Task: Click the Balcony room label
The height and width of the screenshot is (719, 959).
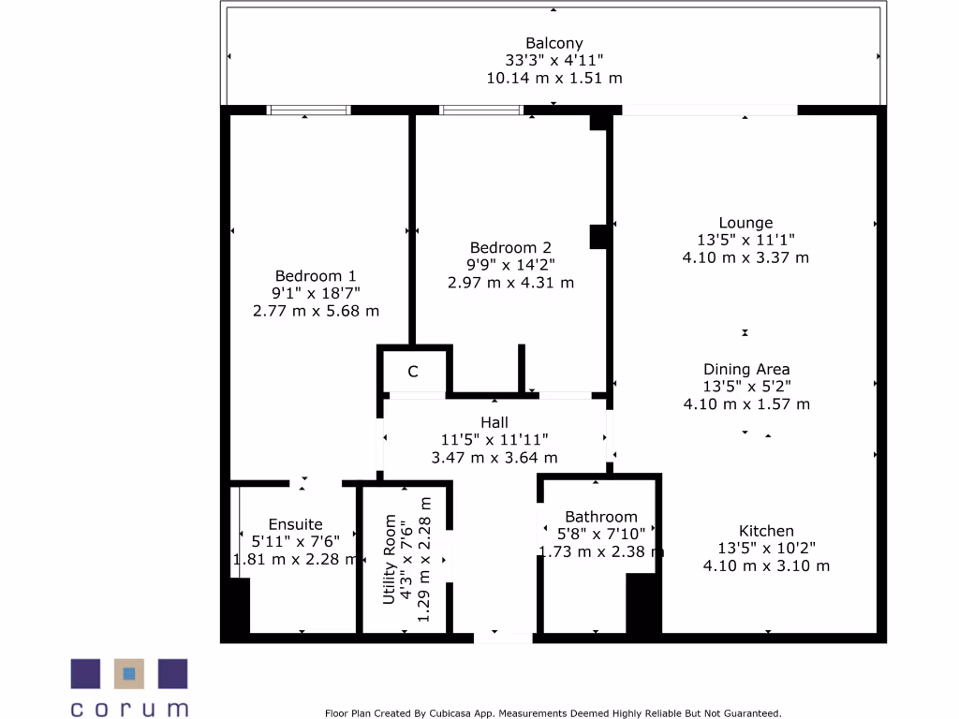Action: (554, 43)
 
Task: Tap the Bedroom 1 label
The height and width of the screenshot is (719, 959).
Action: (316, 276)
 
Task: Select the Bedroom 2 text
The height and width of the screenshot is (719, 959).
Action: (510, 248)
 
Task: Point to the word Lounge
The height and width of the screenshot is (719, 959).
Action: (745, 223)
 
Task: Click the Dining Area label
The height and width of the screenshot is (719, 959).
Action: (746, 370)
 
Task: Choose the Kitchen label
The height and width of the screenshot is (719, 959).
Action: (766, 531)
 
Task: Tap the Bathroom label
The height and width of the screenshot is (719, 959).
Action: (600, 517)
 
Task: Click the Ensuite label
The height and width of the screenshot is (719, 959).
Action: (295, 524)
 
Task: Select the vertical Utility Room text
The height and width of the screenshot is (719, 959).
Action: (390, 560)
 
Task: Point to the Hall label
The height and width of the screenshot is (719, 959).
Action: (494, 423)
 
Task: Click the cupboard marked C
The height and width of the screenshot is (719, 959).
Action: (412, 373)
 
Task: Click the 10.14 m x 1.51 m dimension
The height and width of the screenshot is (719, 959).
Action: (554, 79)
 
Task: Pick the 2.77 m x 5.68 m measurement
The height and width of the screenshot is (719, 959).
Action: (316, 311)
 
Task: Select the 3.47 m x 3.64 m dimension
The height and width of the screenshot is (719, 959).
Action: (494, 458)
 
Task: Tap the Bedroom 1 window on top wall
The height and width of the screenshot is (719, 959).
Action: (308, 110)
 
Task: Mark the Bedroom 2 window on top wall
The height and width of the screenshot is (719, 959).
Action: (481, 110)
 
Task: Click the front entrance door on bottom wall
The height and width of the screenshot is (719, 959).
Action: (503, 638)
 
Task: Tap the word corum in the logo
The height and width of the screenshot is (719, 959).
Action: (129, 709)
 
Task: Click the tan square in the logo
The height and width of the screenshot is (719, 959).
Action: (129, 673)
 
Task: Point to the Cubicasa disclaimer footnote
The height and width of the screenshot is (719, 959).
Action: (553, 713)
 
